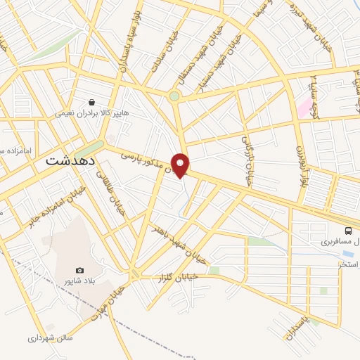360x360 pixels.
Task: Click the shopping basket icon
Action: point(92,102)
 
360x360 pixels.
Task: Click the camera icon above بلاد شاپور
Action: point(79,271)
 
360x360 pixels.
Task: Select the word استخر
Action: point(349,264)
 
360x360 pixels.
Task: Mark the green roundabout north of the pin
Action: point(174,96)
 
